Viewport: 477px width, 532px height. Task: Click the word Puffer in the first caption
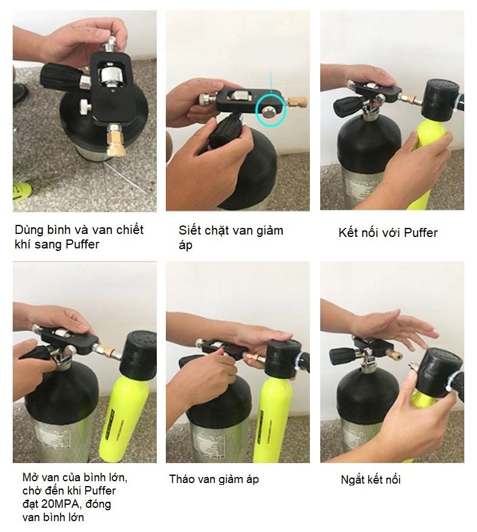point(82,244)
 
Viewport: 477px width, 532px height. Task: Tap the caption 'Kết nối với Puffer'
point(388,233)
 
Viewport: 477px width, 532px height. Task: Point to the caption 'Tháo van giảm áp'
point(214,479)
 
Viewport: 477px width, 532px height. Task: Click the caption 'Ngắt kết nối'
point(370,480)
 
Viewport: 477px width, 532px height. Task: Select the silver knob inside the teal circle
point(270,112)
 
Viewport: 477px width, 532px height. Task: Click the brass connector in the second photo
point(298,101)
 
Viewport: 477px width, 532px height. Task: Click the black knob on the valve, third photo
point(348,106)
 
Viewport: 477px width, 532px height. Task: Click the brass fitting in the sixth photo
point(395,356)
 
